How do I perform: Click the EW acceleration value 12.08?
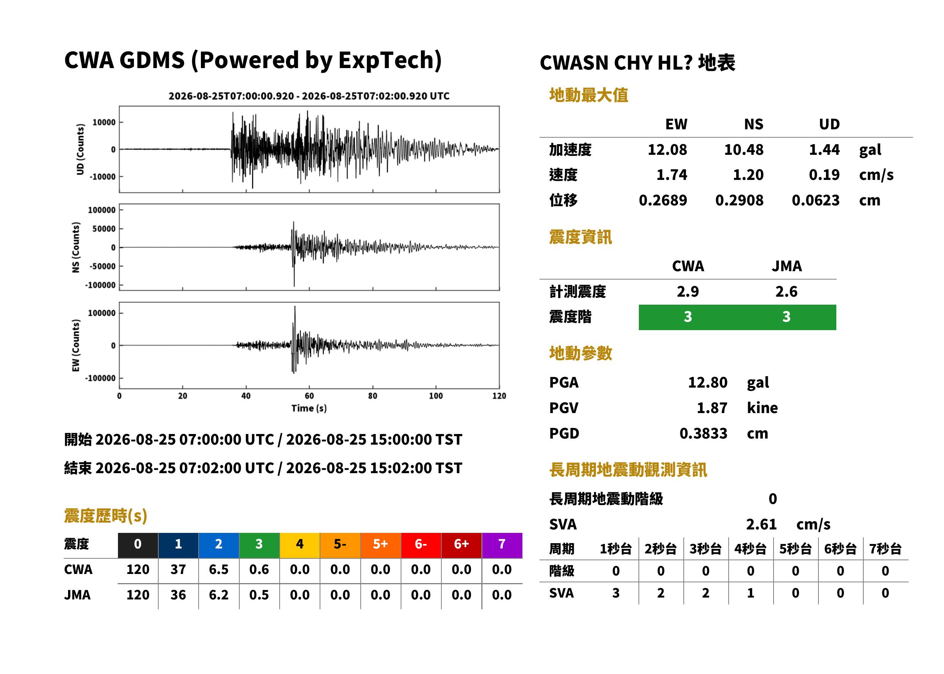[667, 149]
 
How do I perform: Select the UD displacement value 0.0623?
[815, 200]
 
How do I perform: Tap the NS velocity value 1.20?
[748, 175]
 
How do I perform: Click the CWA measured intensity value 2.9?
[688, 291]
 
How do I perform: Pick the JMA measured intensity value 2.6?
[786, 291]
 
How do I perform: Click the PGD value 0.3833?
[703, 433]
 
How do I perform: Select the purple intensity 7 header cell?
[502, 544]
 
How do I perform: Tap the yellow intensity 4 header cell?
[300, 544]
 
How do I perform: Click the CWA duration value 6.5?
[219, 569]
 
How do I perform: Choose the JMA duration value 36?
[178, 595]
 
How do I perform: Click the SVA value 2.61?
[761, 524]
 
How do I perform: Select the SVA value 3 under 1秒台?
[616, 593]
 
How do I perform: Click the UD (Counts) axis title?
[80, 149]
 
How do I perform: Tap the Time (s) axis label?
[309, 409]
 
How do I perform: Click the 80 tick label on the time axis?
[373, 396]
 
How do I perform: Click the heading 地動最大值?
[589, 95]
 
